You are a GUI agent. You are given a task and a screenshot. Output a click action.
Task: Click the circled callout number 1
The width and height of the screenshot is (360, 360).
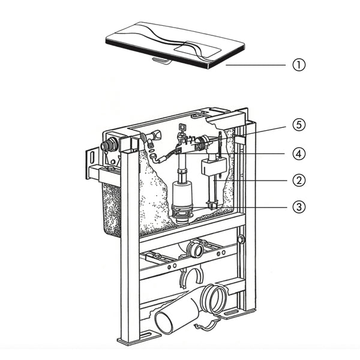(299, 65)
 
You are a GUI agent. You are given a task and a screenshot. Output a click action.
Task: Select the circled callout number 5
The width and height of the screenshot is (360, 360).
(299, 125)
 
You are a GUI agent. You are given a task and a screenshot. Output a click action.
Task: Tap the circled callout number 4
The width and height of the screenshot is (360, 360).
(299, 154)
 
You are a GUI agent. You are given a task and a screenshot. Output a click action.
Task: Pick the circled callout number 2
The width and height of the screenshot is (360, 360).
(299, 181)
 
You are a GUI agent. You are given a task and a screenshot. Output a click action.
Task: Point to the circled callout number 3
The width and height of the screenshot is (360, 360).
(299, 207)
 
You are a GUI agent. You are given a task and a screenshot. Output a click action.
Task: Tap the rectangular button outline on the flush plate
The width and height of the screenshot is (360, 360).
(197, 49)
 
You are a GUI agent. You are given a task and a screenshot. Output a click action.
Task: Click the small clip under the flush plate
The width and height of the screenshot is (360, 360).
(161, 61)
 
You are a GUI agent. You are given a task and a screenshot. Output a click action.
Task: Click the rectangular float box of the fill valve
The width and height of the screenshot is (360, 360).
(214, 166)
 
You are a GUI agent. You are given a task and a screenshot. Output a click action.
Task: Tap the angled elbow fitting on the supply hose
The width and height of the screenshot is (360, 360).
(155, 158)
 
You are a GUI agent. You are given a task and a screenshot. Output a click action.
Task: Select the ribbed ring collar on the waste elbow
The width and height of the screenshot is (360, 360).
(213, 299)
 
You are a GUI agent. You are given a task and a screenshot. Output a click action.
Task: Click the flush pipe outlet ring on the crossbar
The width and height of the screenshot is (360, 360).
(194, 250)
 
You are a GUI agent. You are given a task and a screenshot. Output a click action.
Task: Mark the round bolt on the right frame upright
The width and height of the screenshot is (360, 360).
(241, 239)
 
